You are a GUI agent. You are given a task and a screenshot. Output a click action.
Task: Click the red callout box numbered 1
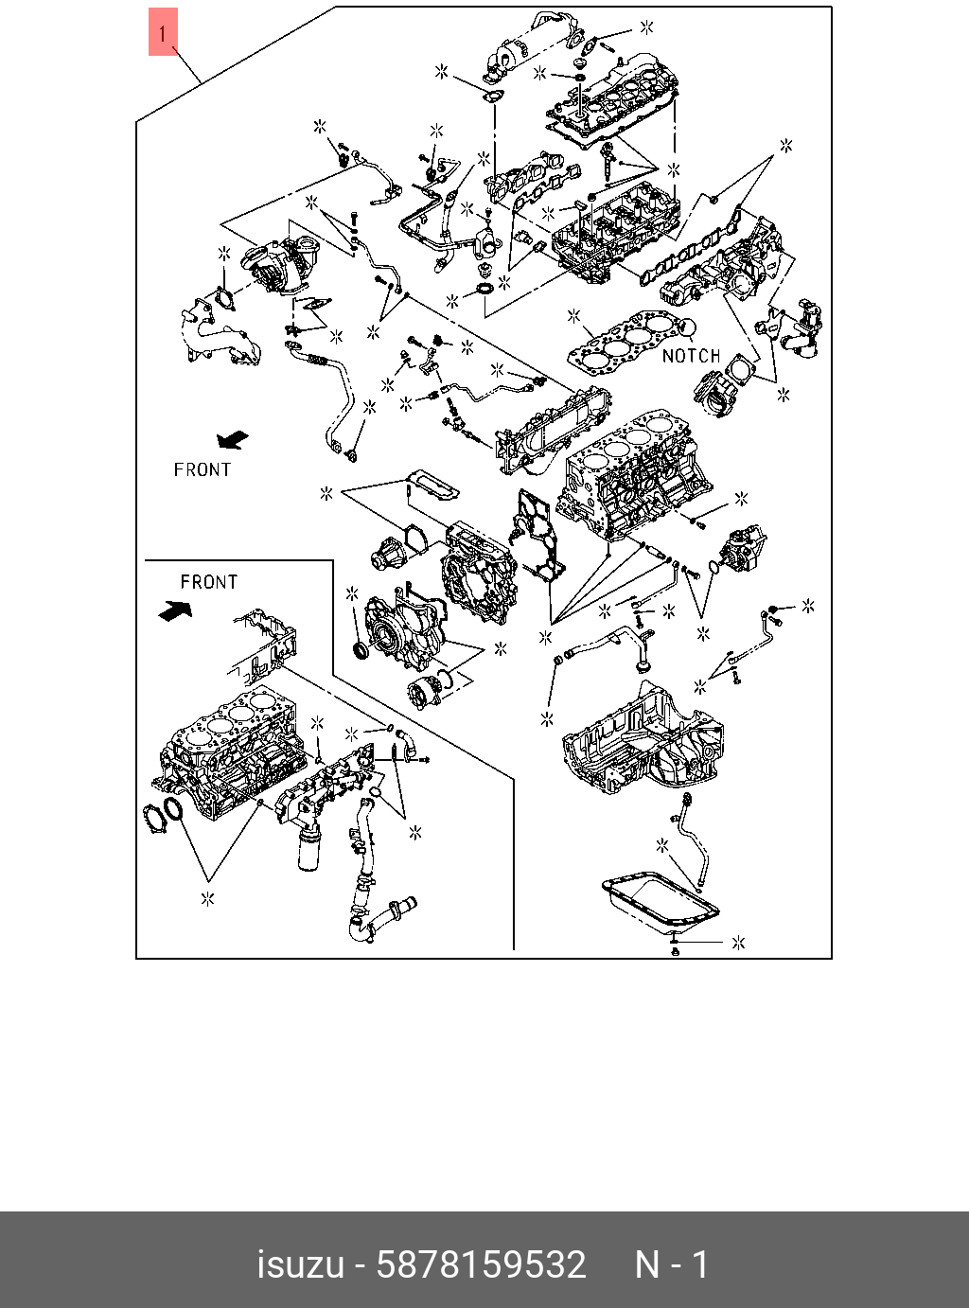(163, 32)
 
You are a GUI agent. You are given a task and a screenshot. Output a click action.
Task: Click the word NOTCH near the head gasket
(691, 356)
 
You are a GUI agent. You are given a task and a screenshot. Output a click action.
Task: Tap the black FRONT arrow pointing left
(233, 440)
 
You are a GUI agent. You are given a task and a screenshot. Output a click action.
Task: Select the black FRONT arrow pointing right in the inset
(176, 610)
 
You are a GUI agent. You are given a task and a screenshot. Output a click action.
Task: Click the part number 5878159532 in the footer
(482, 1264)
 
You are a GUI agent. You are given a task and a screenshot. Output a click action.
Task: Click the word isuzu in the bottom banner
(301, 1264)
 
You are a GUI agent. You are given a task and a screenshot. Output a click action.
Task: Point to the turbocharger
(281, 263)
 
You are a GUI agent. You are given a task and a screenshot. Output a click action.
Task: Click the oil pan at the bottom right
(660, 910)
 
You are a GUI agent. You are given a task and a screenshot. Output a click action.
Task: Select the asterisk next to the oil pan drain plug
(738, 943)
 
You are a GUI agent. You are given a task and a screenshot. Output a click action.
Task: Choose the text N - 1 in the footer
(671, 1264)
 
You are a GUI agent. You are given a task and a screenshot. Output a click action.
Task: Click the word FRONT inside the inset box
(209, 582)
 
